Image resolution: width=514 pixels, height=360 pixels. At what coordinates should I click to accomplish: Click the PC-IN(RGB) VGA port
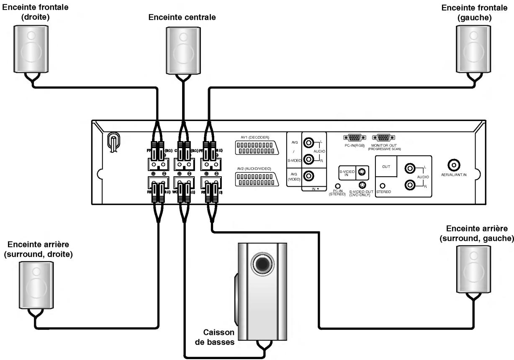click(354, 137)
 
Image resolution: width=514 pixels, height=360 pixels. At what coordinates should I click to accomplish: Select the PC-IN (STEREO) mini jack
click(337, 186)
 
